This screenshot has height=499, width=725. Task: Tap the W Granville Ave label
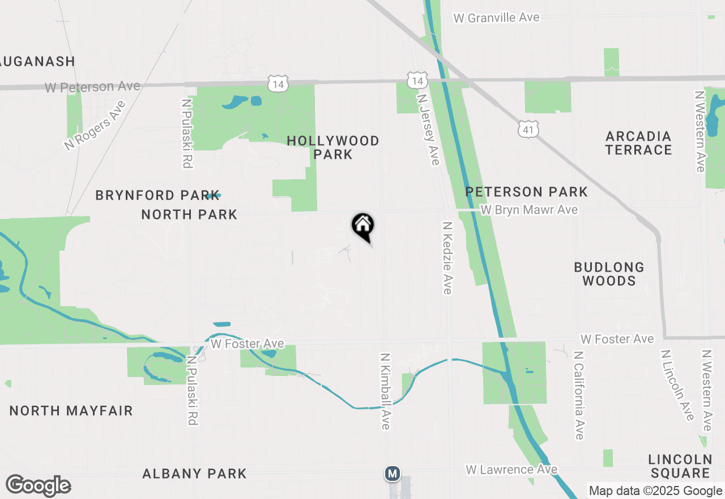pos(497,18)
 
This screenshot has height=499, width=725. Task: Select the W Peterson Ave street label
pos(92,87)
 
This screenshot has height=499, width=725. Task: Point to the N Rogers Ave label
pos(95,126)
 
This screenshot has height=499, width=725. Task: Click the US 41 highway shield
pos(528,130)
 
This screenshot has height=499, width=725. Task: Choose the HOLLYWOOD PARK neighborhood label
pos(333,147)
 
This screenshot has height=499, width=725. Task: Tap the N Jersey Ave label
pos(428,129)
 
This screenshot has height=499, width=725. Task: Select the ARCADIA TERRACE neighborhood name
pos(638,143)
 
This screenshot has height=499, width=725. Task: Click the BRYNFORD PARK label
pos(157,195)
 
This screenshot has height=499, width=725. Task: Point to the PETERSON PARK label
pos(527,192)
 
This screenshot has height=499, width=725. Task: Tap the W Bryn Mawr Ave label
pos(529,210)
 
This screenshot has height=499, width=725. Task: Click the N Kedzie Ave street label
pos(447,257)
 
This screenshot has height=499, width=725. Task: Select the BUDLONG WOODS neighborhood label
pos(609,274)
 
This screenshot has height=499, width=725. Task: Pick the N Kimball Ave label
pos(386,391)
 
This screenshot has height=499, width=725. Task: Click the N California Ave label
pos(578,395)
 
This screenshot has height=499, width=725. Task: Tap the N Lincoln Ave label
pos(677,385)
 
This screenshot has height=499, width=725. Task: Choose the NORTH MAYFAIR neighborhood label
pos(71,411)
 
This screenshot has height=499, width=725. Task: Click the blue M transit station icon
pos(392,473)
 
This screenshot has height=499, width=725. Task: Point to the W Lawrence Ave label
pos(511,470)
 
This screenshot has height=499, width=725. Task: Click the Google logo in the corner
pos(39,486)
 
